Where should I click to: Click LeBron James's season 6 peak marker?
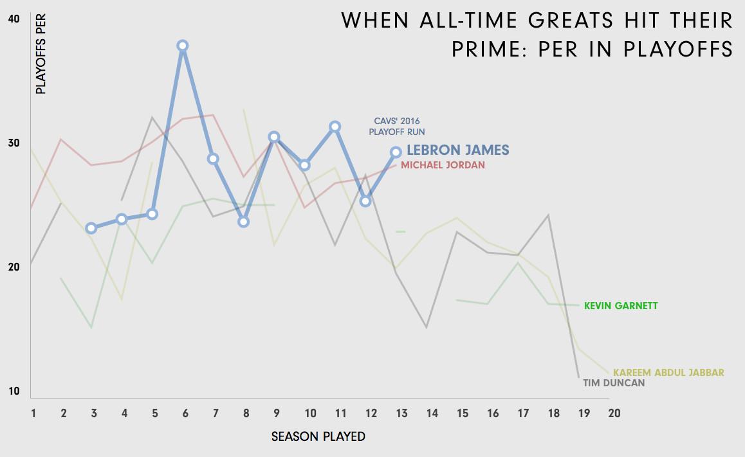[x=183, y=46]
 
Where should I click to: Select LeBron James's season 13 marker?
[x=396, y=152]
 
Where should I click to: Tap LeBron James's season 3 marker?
[x=91, y=228]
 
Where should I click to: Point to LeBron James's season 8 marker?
[x=243, y=222]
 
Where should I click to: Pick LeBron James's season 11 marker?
[x=335, y=127]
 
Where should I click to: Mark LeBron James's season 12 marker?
[x=365, y=201]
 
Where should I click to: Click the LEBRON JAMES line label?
[x=457, y=150]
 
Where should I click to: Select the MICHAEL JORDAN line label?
[x=443, y=165]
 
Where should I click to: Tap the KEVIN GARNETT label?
[x=621, y=306]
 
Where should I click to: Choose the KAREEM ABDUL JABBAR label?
[x=668, y=373]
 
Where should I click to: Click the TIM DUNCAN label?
[x=614, y=383]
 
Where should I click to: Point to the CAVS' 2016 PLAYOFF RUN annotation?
[x=397, y=126]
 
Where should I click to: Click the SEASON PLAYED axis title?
[x=318, y=437]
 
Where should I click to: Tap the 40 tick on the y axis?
[x=14, y=19]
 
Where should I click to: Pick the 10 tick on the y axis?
[x=14, y=391]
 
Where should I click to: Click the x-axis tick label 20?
[x=614, y=413]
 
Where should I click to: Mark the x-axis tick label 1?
[x=33, y=413]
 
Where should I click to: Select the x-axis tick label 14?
[x=432, y=413]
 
